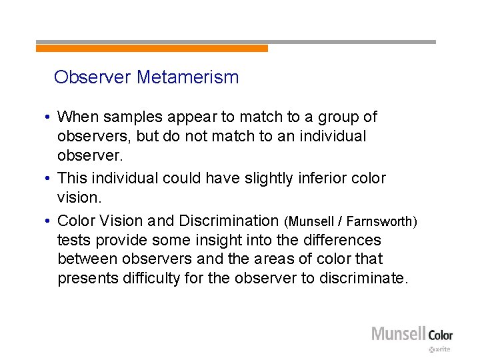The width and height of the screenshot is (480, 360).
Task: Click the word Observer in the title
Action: [93, 77]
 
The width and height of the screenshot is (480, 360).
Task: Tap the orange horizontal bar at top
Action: [152, 49]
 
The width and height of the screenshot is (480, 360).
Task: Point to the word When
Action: [77, 117]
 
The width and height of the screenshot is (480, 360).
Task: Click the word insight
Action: [237, 239]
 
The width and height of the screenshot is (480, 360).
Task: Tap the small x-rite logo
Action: [441, 349]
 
